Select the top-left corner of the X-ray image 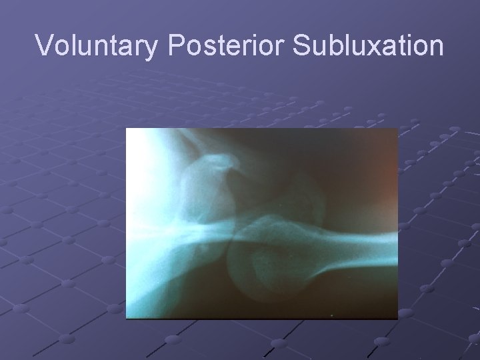coord(127,129)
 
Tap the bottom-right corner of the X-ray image coord(397,319)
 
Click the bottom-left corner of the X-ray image coord(127,319)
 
